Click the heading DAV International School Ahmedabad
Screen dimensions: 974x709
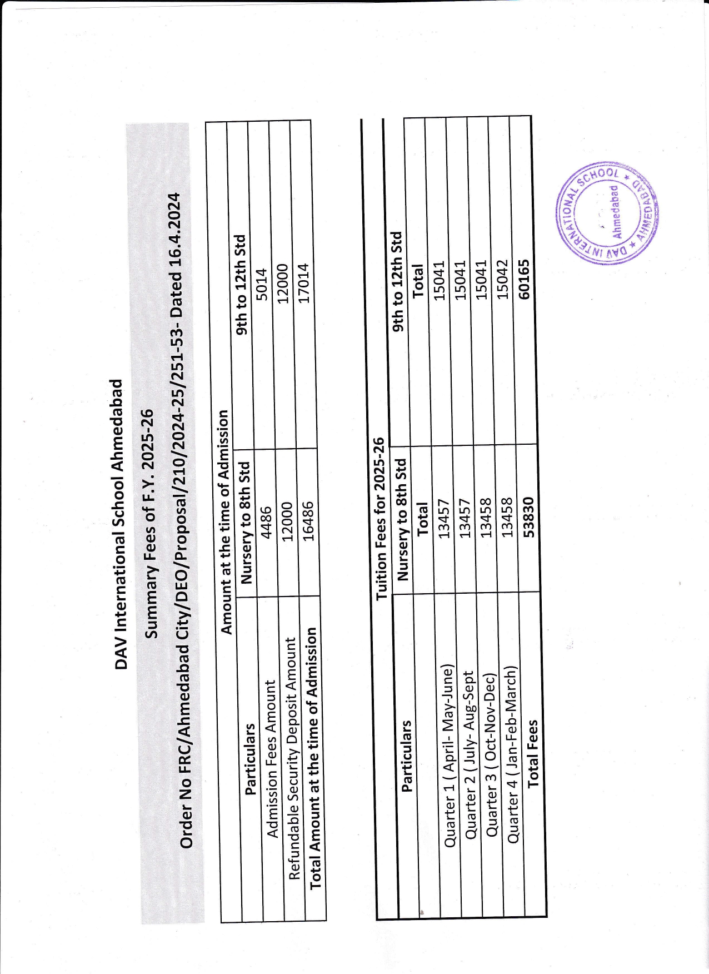[x=118, y=524]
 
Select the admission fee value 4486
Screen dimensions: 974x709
[x=266, y=521]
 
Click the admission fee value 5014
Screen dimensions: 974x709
[x=261, y=284]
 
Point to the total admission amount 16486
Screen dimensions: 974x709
[x=308, y=521]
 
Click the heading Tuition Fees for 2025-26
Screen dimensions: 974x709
[x=380, y=518]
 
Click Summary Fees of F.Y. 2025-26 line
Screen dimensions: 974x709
[x=149, y=524]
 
